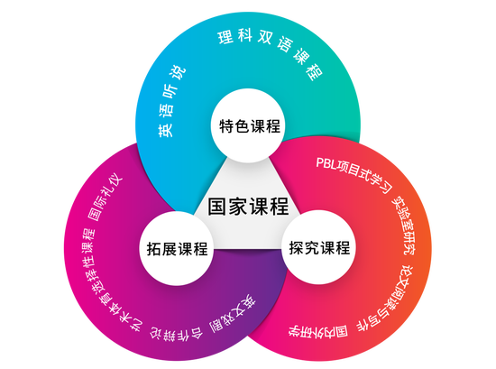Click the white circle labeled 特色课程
pyautogui.click(x=249, y=125)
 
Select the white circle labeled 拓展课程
pyautogui.click(x=177, y=248)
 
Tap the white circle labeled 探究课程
pyautogui.click(x=319, y=247)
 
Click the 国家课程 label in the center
pyautogui.click(x=248, y=206)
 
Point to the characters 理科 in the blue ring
pyautogui.click(x=235, y=37)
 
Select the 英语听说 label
pyautogui.click(x=170, y=101)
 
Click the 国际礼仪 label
pyautogui.click(x=105, y=198)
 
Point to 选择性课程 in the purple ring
pyautogui.click(x=88, y=260)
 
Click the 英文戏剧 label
pyautogui.click(x=233, y=314)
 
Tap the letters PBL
pyautogui.click(x=326, y=163)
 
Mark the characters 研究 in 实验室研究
pyautogui.click(x=409, y=244)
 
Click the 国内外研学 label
pyautogui.click(x=318, y=332)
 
